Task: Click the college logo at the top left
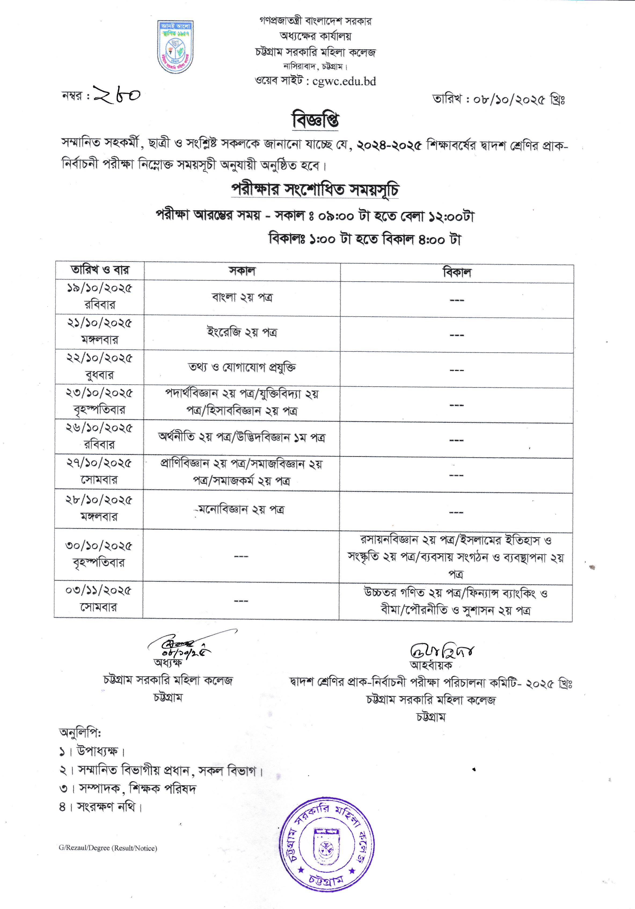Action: click(x=175, y=47)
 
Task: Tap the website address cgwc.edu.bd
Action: click(x=344, y=82)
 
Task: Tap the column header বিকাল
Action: click(x=457, y=273)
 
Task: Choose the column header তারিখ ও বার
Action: click(x=100, y=270)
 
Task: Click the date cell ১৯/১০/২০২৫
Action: click(x=99, y=288)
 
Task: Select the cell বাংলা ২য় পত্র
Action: click(x=242, y=297)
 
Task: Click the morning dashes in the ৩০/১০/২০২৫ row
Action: click(x=241, y=557)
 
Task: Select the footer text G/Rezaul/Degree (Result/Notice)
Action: click(x=108, y=848)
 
